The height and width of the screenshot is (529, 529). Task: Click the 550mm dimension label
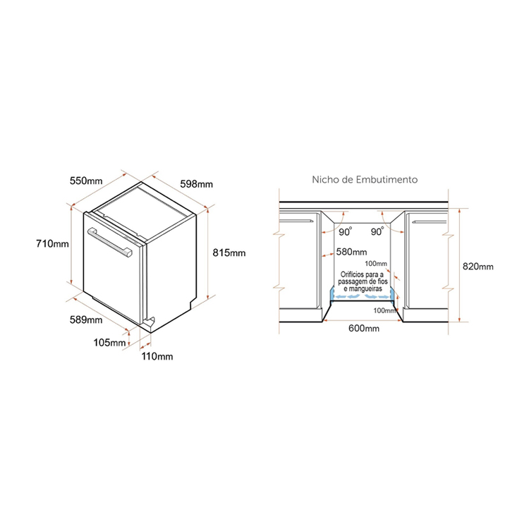coord(86,181)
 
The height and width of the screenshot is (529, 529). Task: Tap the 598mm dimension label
coord(196,184)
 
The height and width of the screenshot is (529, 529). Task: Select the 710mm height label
coord(52,243)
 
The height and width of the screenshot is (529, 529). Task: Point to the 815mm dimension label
coord(229,253)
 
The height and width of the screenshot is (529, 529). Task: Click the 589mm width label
coord(86,320)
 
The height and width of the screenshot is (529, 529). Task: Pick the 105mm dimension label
coord(109,343)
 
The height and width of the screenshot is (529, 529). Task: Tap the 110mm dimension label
coord(157,356)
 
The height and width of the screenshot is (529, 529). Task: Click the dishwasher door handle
coord(109,243)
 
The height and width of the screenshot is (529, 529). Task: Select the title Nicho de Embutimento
coord(365,179)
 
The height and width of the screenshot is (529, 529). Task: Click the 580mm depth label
coord(351,252)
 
